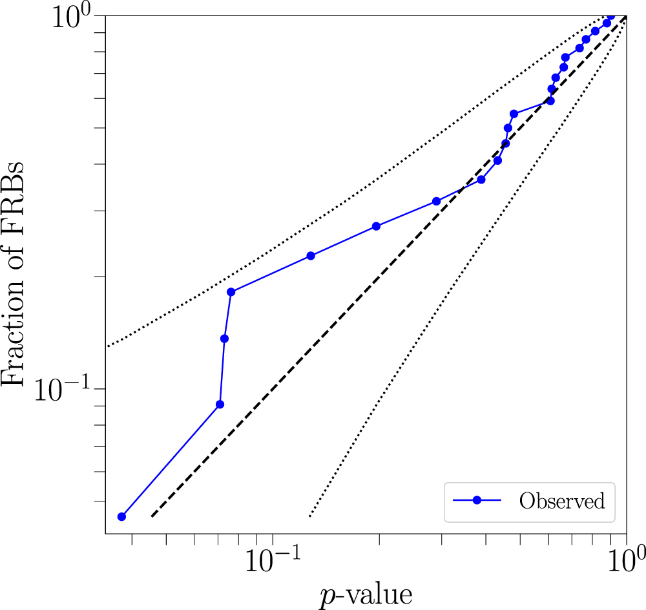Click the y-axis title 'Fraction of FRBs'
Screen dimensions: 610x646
tap(14, 274)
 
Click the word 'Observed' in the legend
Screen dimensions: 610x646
tap(562, 501)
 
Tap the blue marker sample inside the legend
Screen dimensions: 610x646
tap(477, 501)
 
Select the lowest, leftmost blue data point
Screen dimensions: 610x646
tap(121, 516)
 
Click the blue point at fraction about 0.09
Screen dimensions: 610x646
tap(220, 405)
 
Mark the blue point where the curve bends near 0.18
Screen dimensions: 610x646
tap(231, 292)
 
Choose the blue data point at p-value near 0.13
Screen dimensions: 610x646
tap(311, 256)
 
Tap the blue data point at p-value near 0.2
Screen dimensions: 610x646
tap(377, 226)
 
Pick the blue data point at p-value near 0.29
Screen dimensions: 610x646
tap(437, 202)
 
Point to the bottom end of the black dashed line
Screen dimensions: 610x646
tap(152, 516)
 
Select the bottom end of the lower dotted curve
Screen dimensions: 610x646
tap(310, 516)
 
